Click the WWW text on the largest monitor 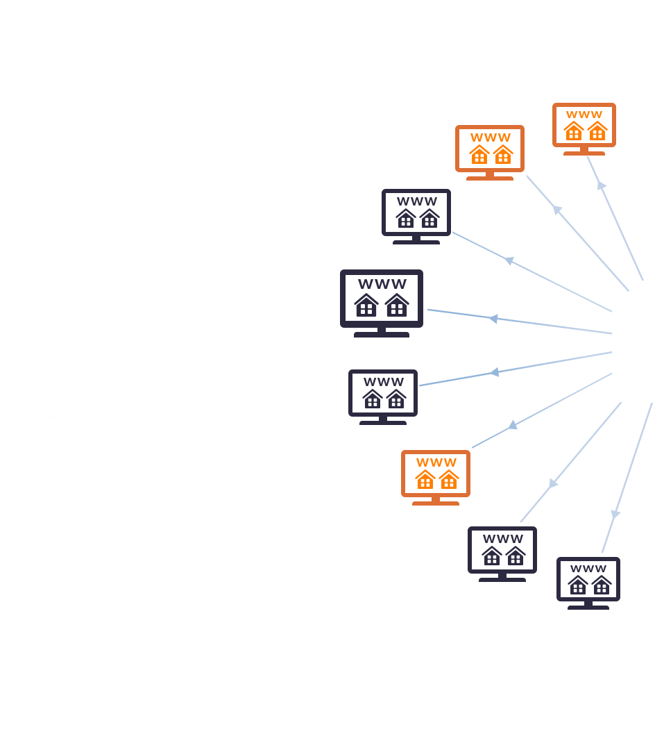coord(382,284)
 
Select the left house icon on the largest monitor coord(366,305)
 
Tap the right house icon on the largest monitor coord(397,305)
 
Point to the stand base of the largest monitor coord(381,334)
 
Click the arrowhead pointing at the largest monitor coord(493,319)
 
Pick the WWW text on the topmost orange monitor coord(584,115)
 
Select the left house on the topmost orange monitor coord(573,131)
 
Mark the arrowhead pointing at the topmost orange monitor coord(602,185)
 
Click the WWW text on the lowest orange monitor coord(436,462)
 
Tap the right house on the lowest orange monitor coord(449,478)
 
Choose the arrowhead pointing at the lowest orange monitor coord(513,425)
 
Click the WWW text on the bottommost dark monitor coord(588,569)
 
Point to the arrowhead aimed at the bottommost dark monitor coord(615,515)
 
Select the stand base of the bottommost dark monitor coord(588,608)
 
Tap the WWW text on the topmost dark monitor coord(416,201)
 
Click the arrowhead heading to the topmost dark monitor coord(509,261)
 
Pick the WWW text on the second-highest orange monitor coord(490,137)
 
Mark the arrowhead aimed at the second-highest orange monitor coord(557,210)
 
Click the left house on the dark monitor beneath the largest coord(373,399)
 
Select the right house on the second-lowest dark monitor coord(516,556)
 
